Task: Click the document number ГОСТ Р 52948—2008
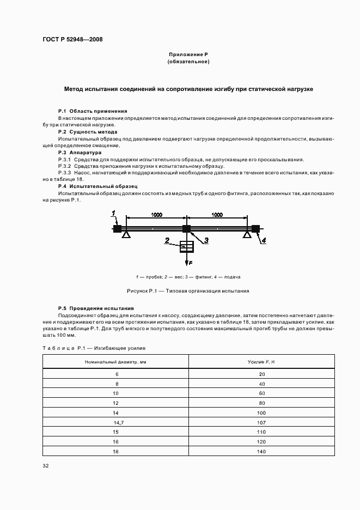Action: pos(72,40)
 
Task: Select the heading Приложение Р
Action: pos(188,54)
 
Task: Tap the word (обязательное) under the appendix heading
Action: pos(188,62)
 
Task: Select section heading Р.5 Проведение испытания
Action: pos(95,308)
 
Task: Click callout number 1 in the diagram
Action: pos(113,213)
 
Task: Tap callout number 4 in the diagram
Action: pos(263,240)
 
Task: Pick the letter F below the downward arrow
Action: pos(190,263)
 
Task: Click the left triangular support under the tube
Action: pos(126,234)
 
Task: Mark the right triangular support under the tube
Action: pos(247,234)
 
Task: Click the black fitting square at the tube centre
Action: pos(186,229)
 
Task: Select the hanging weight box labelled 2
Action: pos(186,247)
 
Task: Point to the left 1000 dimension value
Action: pos(156,215)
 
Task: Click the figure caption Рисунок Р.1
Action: pos(188,291)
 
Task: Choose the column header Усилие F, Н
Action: pos(261,362)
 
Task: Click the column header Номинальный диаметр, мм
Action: pos(115,362)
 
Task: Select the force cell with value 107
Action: pos(261,422)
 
